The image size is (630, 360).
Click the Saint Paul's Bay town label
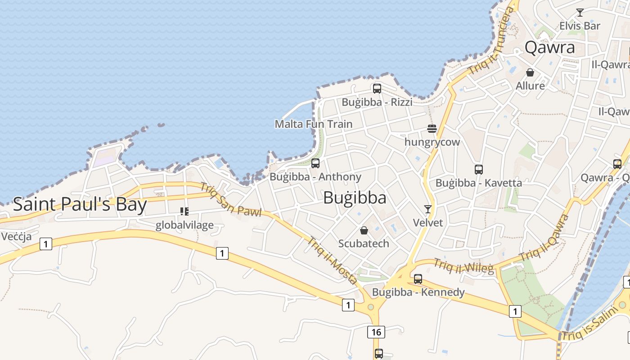pyautogui.click(x=80, y=204)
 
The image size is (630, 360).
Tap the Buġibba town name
pyautogui.click(x=355, y=198)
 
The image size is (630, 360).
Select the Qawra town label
pyautogui.click(x=550, y=47)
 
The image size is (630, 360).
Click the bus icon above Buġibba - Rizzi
pyautogui.click(x=377, y=89)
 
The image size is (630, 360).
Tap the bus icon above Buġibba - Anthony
pyautogui.click(x=315, y=163)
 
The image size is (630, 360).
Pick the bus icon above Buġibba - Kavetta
pyautogui.click(x=479, y=170)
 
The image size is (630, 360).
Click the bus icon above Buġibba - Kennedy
pyautogui.click(x=418, y=279)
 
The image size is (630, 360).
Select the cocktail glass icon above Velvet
pyautogui.click(x=428, y=209)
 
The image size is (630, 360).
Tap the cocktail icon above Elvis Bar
pyautogui.click(x=580, y=13)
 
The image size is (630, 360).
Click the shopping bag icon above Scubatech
pyautogui.click(x=364, y=230)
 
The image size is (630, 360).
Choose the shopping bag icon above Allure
pyautogui.click(x=530, y=72)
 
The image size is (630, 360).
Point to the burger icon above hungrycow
pyautogui.click(x=432, y=129)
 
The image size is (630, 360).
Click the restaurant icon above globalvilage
pyautogui.click(x=184, y=211)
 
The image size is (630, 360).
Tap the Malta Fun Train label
pyautogui.click(x=314, y=124)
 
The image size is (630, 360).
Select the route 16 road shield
pyautogui.click(x=376, y=333)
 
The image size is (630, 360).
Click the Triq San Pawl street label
pyautogui.click(x=230, y=200)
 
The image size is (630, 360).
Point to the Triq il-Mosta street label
pyautogui.click(x=332, y=260)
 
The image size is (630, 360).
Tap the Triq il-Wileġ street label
pyautogui.click(x=463, y=266)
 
